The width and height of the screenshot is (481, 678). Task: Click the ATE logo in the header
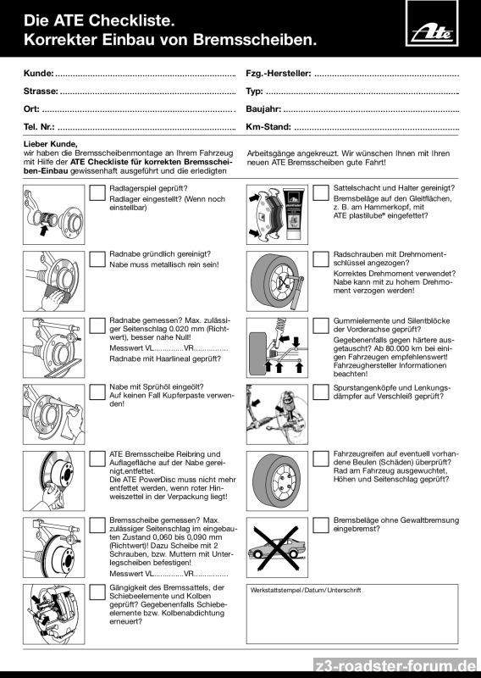[x=432, y=24]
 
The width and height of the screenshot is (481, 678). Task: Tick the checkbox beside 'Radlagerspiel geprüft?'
[x=97, y=193]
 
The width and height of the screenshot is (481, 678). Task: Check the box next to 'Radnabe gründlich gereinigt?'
[x=97, y=259]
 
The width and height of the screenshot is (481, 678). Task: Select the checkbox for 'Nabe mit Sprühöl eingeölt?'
[x=97, y=392]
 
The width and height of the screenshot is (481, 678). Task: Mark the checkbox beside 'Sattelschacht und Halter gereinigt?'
[x=321, y=193]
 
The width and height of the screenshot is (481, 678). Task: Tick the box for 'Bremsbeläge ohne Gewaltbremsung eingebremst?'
[x=321, y=525]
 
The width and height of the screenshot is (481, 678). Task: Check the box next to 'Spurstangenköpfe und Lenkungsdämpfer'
[x=321, y=392]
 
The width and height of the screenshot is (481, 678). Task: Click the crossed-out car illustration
[x=277, y=547]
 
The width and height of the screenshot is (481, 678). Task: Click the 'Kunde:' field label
[x=38, y=73]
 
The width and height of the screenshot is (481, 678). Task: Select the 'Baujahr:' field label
[x=263, y=109]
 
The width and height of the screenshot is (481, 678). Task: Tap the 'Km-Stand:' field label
[x=268, y=126]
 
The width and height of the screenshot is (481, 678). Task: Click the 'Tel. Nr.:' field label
[x=39, y=126]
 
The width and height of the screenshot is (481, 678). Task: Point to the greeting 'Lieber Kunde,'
[x=50, y=144]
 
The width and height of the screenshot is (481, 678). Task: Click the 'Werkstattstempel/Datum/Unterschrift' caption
[x=306, y=590]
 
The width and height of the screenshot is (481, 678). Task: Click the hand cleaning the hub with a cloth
[x=55, y=299]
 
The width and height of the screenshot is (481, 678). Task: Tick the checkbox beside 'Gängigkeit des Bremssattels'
[x=97, y=592]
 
